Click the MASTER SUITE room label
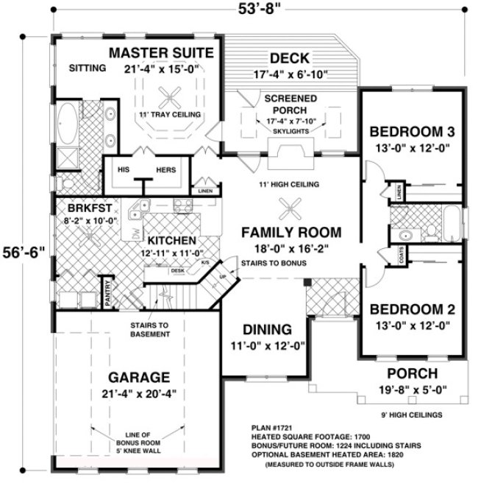coord(162,53)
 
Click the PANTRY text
coord(107,293)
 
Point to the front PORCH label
coord(412,373)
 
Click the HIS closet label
coord(125,170)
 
